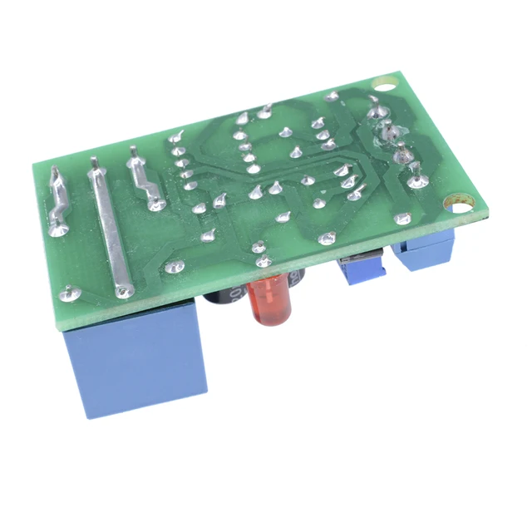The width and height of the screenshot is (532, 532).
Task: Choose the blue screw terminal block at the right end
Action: pos(424,254)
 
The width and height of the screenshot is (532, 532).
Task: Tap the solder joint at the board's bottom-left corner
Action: pos(69,293)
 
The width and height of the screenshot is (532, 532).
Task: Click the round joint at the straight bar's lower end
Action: pos(124,290)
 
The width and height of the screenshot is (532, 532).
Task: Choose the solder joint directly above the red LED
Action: pos(259,247)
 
